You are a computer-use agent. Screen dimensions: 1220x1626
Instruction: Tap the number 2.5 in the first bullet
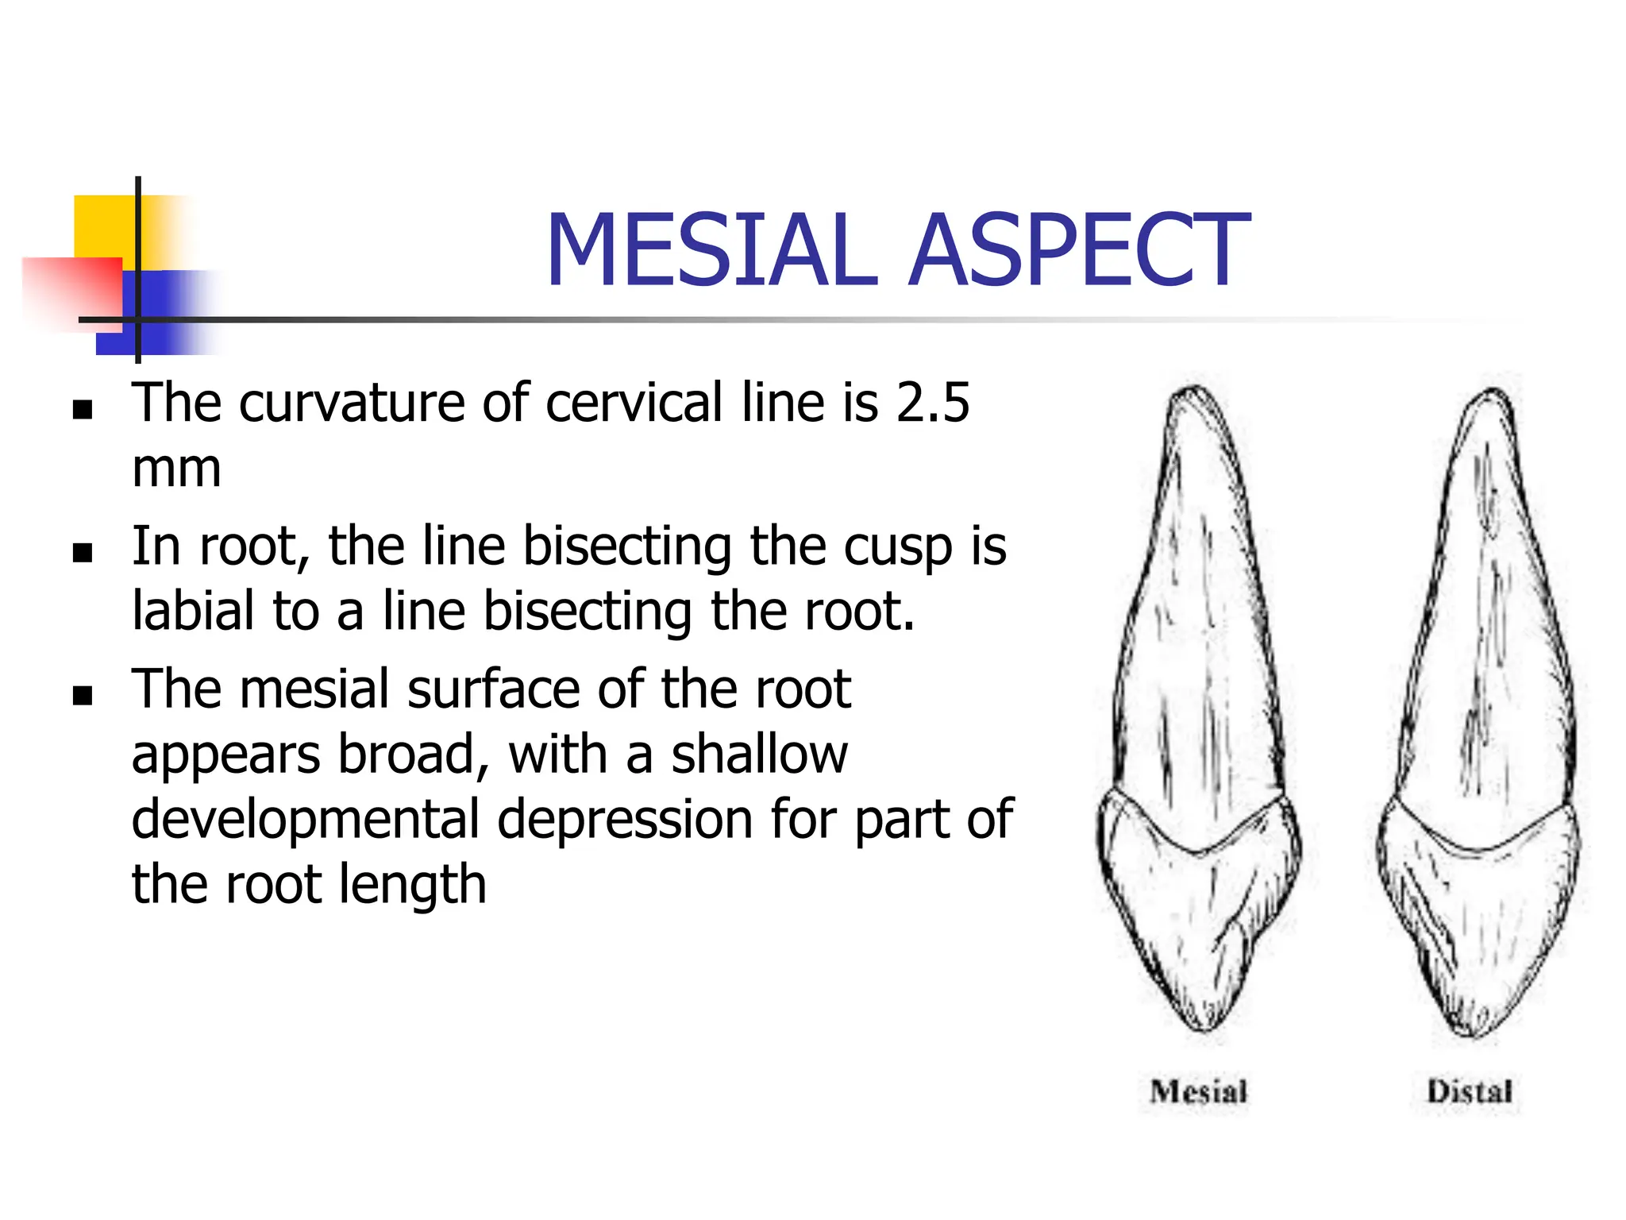coord(932,403)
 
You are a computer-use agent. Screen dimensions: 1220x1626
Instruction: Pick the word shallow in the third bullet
coord(760,755)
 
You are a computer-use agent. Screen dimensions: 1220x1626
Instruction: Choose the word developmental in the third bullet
coord(305,820)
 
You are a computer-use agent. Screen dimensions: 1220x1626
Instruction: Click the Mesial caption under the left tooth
coord(1198,1092)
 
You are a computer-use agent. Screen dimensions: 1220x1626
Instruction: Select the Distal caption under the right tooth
coord(1469,1092)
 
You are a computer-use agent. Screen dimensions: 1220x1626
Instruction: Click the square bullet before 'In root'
coord(83,553)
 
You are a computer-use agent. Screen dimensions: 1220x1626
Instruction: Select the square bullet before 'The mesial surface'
coord(83,696)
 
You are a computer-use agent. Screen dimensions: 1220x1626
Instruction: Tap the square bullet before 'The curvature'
coord(83,410)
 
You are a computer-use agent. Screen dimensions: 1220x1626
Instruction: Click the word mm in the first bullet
coord(176,470)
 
